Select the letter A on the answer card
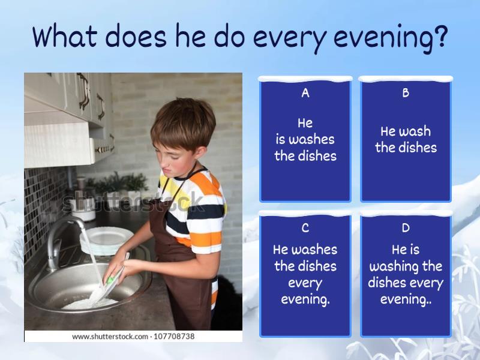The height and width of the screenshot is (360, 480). click(x=305, y=93)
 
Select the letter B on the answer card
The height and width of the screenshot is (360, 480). click(x=406, y=93)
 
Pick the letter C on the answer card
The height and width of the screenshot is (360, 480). click(x=305, y=228)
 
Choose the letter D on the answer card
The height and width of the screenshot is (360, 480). click(x=406, y=228)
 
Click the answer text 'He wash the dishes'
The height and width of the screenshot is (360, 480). click(x=406, y=139)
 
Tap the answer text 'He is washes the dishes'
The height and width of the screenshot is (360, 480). click(x=305, y=139)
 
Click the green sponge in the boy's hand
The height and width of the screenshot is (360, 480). click(x=112, y=280)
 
